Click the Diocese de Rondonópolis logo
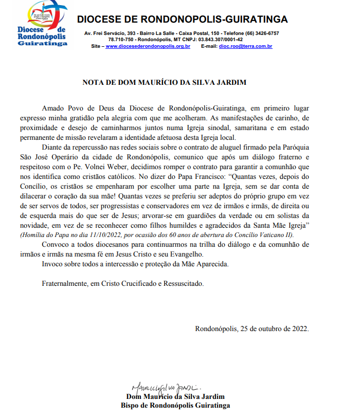[x=42, y=24]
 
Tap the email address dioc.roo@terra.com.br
[x=245, y=46]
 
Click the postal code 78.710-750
[x=121, y=40]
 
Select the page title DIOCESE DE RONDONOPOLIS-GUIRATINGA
[x=182, y=20]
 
